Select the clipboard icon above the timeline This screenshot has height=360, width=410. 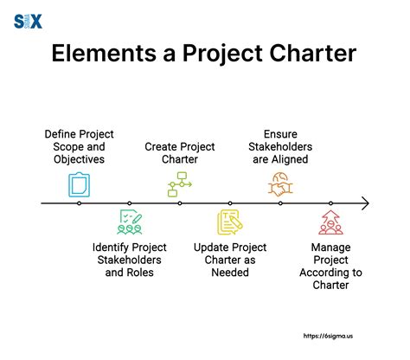(79, 183)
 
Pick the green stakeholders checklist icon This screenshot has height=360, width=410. (129, 222)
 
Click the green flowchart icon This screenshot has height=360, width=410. (179, 183)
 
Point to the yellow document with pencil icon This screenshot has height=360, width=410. (230, 222)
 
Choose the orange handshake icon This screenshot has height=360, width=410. (280, 183)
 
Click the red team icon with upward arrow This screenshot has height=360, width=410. (330, 222)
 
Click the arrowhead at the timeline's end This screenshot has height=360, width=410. (365, 203)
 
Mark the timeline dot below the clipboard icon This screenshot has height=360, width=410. (79, 203)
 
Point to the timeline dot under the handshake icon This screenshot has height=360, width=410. (280, 203)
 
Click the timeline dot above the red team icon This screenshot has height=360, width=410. (330, 203)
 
